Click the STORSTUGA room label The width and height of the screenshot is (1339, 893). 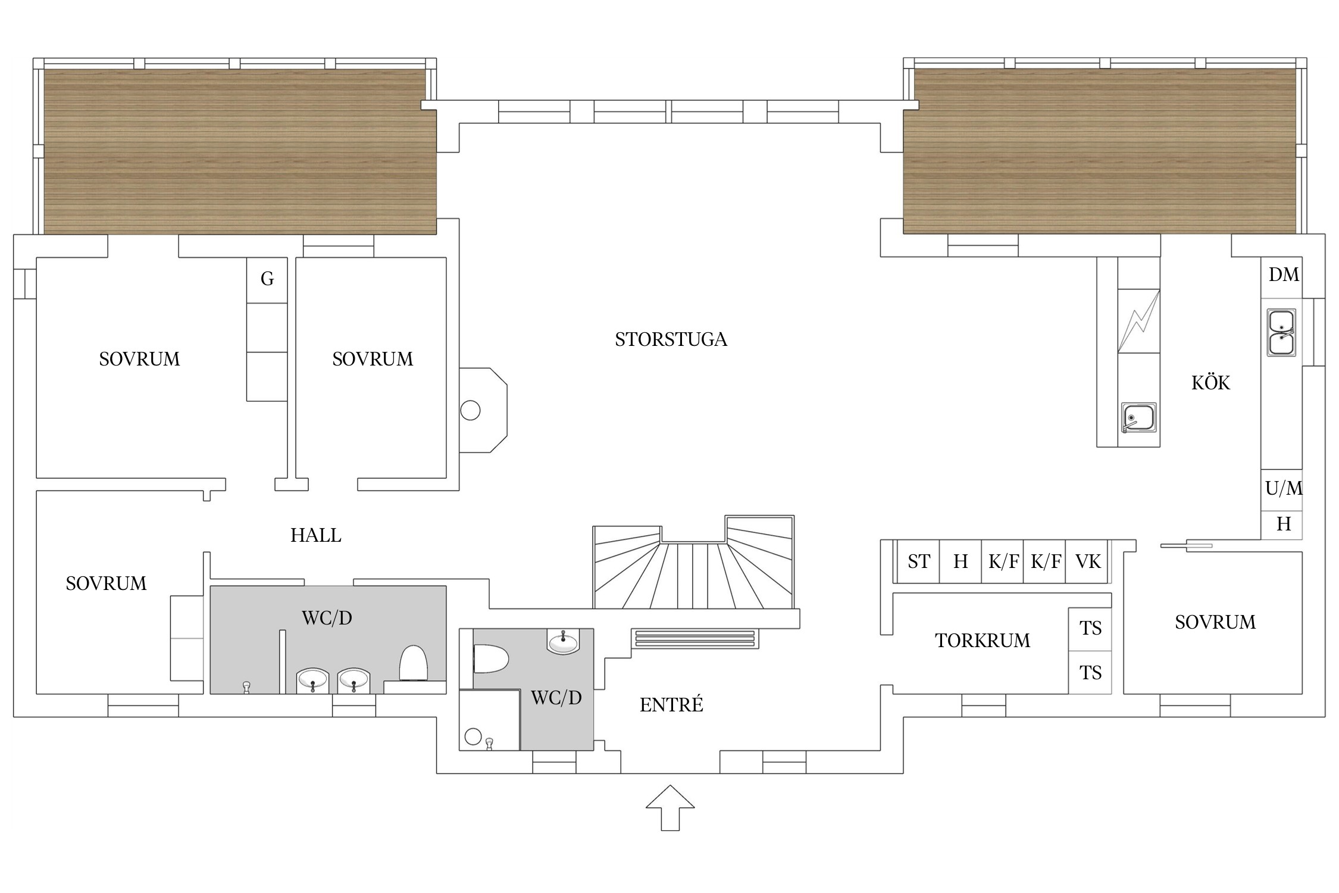click(x=671, y=339)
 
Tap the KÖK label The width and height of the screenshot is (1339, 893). click(x=1210, y=382)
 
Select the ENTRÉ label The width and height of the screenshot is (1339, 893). click(x=671, y=705)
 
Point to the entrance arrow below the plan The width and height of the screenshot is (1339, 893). click(x=670, y=807)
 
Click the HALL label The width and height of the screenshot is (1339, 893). click(x=315, y=535)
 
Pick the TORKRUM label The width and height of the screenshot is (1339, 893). click(x=983, y=641)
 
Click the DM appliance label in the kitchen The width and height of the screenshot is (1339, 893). click(x=1284, y=274)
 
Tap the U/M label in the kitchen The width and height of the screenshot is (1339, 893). click(x=1284, y=488)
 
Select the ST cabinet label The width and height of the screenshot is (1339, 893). click(x=919, y=561)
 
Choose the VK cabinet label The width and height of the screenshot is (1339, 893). click(x=1088, y=561)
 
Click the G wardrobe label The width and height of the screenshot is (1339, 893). click(x=267, y=278)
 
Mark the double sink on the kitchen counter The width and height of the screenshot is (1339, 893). click(x=1281, y=333)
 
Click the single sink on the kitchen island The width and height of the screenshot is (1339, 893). click(x=1138, y=417)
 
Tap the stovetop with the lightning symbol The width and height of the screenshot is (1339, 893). click(x=1138, y=321)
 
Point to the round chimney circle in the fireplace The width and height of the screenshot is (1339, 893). click(x=470, y=411)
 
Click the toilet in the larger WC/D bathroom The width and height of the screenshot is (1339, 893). click(x=413, y=663)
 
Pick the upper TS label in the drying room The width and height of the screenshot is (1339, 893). click(x=1090, y=628)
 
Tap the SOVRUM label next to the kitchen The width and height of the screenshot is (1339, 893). click(x=1215, y=622)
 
